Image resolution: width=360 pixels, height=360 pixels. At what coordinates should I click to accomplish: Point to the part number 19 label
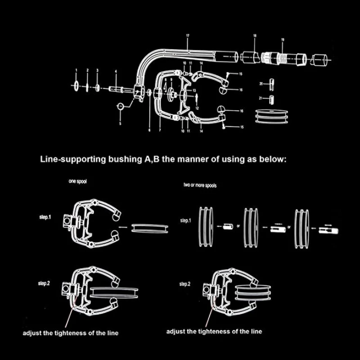tap(283, 40)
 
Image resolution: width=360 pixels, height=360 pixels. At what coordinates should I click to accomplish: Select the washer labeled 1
tap(76, 85)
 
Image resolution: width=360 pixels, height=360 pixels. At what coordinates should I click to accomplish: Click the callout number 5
tap(120, 123)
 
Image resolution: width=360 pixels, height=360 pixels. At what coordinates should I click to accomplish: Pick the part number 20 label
tap(261, 84)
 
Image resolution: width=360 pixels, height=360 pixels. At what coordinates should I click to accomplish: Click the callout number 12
tap(197, 108)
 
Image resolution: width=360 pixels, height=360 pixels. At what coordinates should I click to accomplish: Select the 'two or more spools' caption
tap(200, 185)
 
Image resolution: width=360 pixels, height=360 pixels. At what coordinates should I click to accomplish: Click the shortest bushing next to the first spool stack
tap(227, 227)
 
